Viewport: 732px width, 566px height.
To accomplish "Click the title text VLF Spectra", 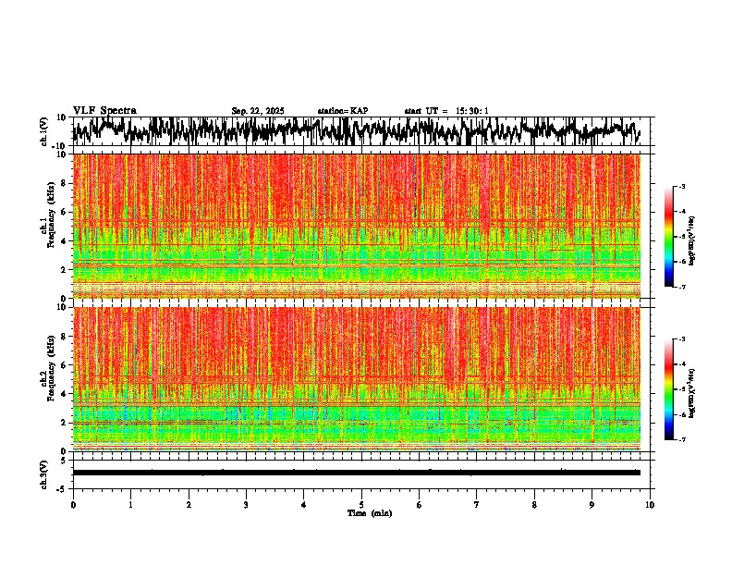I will pyautogui.click(x=104, y=110).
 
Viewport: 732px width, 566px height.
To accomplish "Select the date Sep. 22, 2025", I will pyautogui.click(x=258, y=111).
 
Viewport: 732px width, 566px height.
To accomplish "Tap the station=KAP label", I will pyautogui.click(x=342, y=111).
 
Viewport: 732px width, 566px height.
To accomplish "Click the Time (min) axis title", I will pyautogui.click(x=369, y=512).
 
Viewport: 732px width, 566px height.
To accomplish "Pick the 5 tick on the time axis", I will pyautogui.click(x=361, y=505).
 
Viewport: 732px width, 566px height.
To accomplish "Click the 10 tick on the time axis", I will pyautogui.click(x=650, y=505).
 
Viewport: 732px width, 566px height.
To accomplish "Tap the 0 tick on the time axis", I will pyautogui.click(x=73, y=505).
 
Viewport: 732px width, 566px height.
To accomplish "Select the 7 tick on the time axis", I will pyautogui.click(x=477, y=505).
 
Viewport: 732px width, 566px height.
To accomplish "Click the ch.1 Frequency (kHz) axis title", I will pyautogui.click(x=47, y=227).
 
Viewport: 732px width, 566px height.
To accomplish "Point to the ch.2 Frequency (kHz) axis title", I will pyautogui.click(x=47, y=378).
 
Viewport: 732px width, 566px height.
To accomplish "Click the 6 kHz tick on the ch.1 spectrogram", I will pyautogui.click(x=65, y=212).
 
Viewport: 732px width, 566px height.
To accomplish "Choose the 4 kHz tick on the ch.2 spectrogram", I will pyautogui.click(x=65, y=393).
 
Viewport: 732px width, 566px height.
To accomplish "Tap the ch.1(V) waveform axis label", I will pyautogui.click(x=44, y=132).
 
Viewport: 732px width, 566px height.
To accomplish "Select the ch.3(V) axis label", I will pyautogui.click(x=44, y=473).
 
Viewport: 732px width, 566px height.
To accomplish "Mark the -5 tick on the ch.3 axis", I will pyautogui.click(x=63, y=487).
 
